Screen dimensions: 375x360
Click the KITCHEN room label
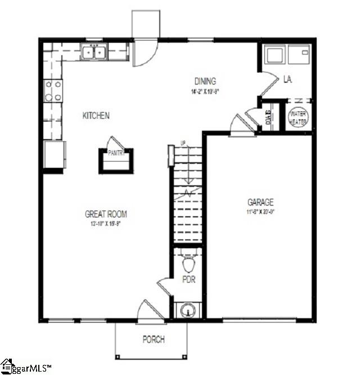coord(96,115)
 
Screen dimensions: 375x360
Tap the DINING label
coord(205,81)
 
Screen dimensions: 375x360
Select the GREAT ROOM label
coord(106,214)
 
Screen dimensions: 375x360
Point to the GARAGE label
coord(260,202)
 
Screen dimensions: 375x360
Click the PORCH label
coord(153,340)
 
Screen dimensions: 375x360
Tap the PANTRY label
coord(116,153)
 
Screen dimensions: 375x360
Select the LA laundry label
coord(287,80)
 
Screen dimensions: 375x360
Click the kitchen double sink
coord(94,52)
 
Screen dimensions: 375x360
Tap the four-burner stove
coord(53,91)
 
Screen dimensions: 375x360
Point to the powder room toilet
coord(188,263)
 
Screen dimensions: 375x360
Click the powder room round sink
coord(186,310)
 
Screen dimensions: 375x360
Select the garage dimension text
coord(260,212)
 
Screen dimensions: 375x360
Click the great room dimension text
coord(105,224)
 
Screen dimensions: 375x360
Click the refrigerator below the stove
coord(55,154)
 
